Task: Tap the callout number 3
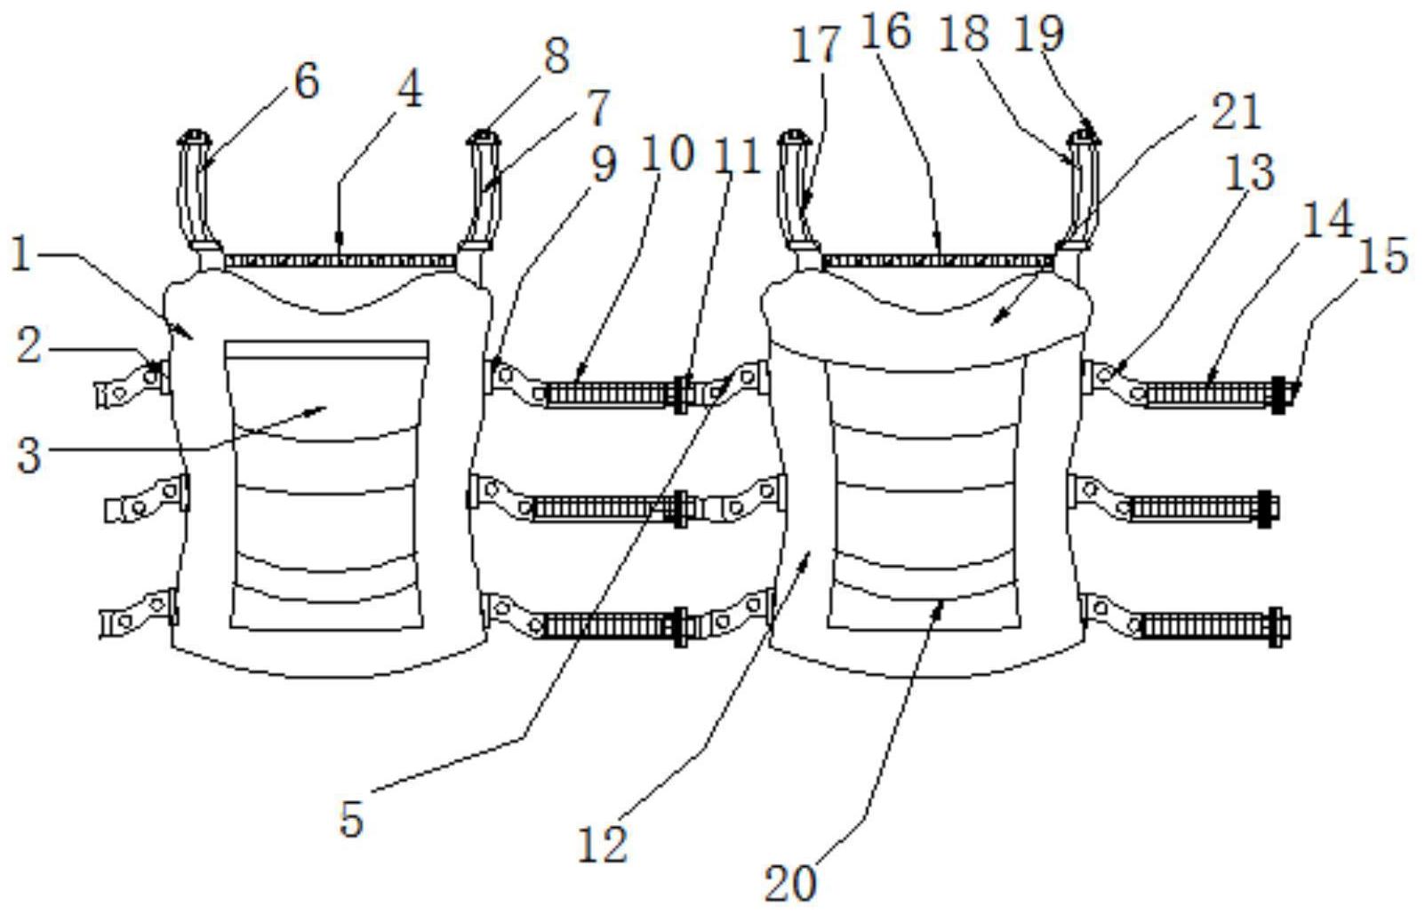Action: [29, 454]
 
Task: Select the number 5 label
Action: [352, 818]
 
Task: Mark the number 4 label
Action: [410, 90]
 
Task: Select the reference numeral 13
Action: [1250, 171]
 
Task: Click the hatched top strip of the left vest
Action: [340, 261]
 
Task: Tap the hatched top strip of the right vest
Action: [938, 260]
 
